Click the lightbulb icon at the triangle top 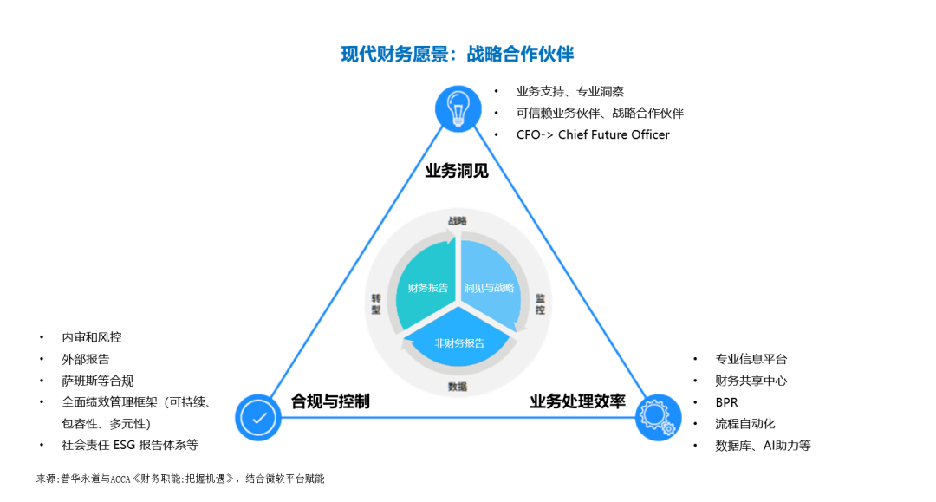(457, 108)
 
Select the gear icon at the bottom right (657, 417)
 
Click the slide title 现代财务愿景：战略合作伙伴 (457, 55)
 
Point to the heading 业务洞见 (457, 171)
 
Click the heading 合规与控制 (330, 401)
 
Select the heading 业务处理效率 (577, 401)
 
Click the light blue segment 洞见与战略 (489, 287)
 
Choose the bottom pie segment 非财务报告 (459, 342)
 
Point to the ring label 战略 (458, 221)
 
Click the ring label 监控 (540, 303)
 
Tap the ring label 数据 (458, 386)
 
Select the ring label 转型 (376, 303)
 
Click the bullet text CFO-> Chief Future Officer (593, 134)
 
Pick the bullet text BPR (726, 402)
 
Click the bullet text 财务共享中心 (751, 381)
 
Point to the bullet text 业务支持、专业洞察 (570, 91)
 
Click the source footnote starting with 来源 (180, 479)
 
